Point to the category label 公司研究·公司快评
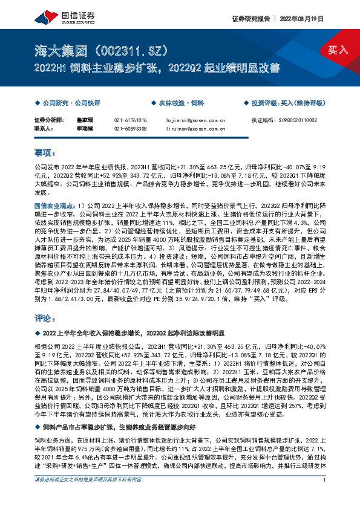click(x=66, y=103)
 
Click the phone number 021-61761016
click(x=130, y=120)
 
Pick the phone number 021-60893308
click(x=130, y=128)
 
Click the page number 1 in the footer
click(x=325, y=498)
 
